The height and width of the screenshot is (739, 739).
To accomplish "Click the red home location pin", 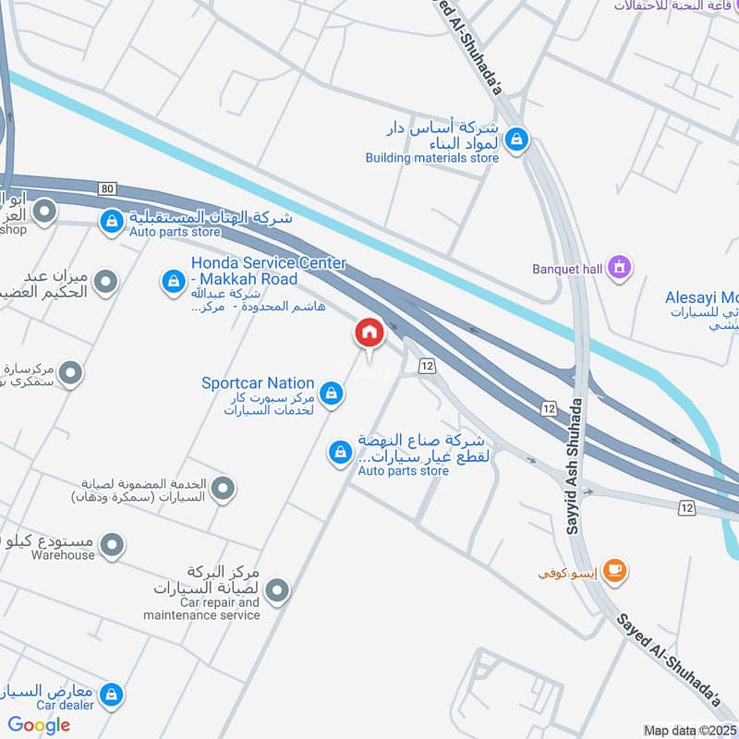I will click(x=369, y=333).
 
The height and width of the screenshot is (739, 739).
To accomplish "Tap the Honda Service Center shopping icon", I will click(x=173, y=282).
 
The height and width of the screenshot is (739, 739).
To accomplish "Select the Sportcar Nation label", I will click(x=259, y=382).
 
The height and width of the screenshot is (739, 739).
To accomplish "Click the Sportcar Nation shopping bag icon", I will click(x=333, y=395).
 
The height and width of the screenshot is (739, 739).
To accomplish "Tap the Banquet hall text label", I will click(x=567, y=270).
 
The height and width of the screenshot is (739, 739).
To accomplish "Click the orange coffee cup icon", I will click(x=614, y=571).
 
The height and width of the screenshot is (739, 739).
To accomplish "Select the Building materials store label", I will click(x=431, y=158).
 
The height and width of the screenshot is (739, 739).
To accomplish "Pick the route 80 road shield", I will click(x=108, y=188).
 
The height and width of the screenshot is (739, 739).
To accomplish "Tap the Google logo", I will click(x=40, y=725).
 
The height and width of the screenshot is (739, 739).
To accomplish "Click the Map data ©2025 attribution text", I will click(x=690, y=731).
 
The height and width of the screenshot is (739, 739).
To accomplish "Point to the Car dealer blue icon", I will click(x=111, y=695).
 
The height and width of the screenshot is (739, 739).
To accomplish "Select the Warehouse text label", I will click(x=63, y=555).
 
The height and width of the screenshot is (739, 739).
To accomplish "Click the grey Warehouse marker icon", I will click(x=112, y=546).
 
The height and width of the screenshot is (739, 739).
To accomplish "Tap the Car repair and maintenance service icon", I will click(x=276, y=589).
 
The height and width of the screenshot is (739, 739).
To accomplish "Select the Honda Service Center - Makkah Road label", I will click(x=269, y=271).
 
